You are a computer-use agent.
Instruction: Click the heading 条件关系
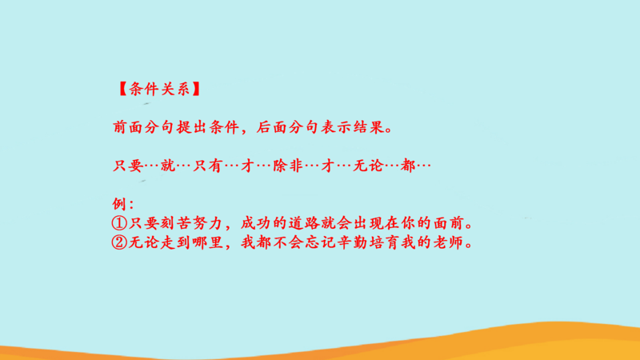159,89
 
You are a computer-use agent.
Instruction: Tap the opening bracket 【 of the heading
123,89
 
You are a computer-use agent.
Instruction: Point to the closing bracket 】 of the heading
196,89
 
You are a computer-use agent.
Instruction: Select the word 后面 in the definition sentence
272,127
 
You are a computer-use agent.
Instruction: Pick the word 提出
192,127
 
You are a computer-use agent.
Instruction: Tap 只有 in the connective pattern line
208,166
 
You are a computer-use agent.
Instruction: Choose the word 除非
288,166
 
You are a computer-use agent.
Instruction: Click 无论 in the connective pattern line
368,166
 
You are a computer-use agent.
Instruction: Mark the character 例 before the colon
118,204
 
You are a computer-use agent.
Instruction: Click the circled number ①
119,223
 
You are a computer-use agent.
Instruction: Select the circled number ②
119,243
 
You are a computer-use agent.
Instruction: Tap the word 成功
256,223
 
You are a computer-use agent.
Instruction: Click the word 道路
304,223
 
